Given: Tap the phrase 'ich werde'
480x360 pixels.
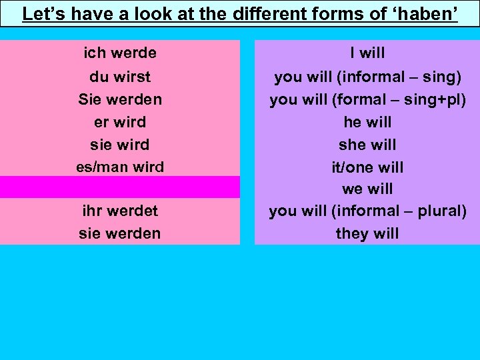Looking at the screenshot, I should pos(120,53).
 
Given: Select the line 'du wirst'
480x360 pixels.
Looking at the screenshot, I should pos(120,77).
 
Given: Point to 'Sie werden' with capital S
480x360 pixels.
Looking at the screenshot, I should pos(120,99).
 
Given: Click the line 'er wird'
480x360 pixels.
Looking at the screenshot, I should pos(120,122).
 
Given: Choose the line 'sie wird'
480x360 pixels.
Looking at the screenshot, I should pos(120,145).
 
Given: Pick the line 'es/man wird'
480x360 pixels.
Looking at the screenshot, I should pos(120,167).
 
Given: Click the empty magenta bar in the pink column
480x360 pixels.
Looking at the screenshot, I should pos(120,187).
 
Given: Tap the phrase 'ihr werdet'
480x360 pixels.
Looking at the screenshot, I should pos(120,211).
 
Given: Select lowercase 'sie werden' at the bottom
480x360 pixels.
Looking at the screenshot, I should pos(120,233).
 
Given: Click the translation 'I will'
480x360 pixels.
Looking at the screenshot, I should pos(367,53).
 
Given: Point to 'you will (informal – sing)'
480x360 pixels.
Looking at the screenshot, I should pos(367,77).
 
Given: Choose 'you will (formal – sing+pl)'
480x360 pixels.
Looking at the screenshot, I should pos(367,99).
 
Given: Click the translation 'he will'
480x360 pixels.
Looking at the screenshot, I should pos(367,122).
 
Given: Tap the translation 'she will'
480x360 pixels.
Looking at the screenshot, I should pos(367,145).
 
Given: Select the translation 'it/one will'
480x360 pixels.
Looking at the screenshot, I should pos(367,167).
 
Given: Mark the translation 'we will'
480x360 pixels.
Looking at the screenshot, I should pos(367,189).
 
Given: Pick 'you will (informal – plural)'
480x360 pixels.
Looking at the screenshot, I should pos(367,211).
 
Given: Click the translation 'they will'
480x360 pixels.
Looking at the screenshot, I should pos(367,233).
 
